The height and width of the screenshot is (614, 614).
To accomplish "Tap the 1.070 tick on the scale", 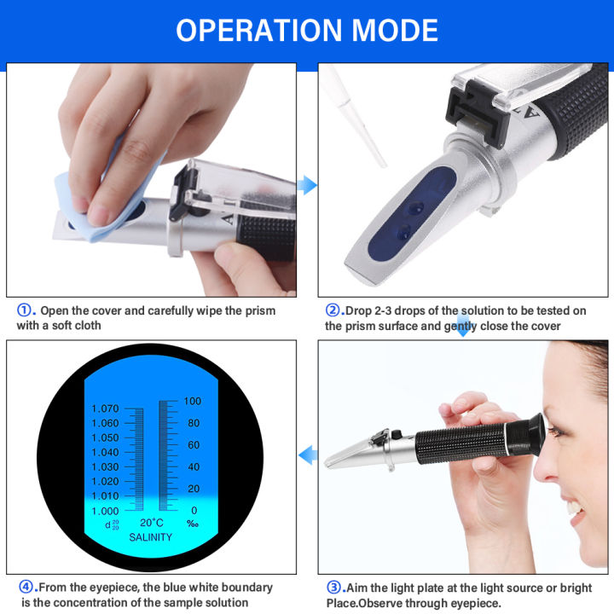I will point(106,408).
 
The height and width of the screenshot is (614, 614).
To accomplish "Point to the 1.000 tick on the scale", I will point(106,510).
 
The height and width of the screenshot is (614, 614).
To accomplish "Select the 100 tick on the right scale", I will point(193,401).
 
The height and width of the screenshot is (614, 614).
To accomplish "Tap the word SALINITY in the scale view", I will point(151,537).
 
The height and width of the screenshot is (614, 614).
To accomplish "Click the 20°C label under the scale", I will point(151,523).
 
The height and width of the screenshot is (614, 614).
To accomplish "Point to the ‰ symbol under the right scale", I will point(193,523).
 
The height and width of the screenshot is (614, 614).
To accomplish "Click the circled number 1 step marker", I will point(25,310).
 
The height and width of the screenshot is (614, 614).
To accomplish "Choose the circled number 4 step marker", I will point(25,588).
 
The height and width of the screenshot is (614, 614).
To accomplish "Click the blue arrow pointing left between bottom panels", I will point(308,456).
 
